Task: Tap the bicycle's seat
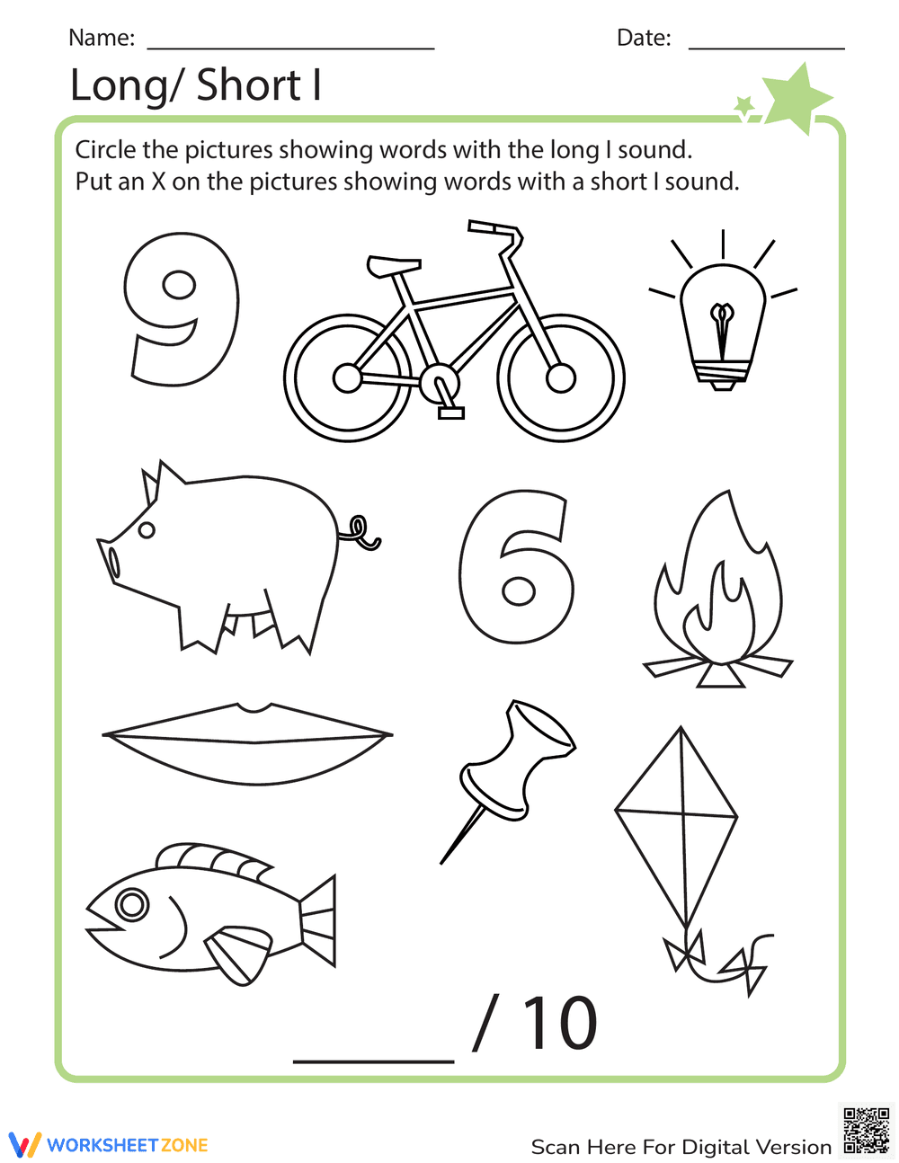point(393,265)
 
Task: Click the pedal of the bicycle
point(451,413)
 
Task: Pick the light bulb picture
point(723,324)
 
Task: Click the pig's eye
point(147,529)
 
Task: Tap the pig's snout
point(112,562)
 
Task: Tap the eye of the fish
point(132,903)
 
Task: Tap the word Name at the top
point(101,38)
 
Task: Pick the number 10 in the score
point(559,1025)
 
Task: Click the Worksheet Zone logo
point(109,1145)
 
